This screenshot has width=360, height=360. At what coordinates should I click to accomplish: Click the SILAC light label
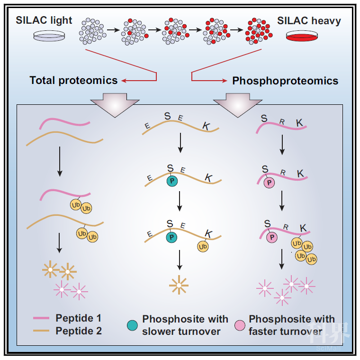44,20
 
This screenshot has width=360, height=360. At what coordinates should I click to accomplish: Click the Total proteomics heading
73,81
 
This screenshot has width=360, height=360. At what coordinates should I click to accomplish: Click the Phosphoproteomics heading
285,81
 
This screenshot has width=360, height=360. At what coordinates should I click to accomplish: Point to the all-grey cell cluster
92,31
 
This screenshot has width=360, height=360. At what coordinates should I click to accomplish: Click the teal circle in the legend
132,325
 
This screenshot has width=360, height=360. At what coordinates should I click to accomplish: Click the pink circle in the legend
240,325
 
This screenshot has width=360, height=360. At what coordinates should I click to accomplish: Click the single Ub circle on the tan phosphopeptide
203,247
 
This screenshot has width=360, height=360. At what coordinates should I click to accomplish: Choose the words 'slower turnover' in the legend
181,331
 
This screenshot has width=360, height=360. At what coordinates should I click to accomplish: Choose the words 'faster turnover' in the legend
286,331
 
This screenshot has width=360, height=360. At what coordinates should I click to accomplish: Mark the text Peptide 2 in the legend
79,331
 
